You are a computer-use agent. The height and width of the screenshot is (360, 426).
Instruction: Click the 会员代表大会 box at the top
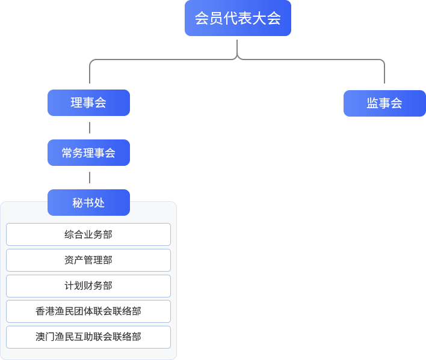238,18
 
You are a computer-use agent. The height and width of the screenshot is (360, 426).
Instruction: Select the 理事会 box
88,103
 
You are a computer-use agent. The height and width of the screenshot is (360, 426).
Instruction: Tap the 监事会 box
384,103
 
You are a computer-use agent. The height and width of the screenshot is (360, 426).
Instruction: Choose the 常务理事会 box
88,153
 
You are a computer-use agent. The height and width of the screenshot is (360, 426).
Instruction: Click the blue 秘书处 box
88,203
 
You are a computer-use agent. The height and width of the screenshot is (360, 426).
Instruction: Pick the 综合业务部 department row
88,234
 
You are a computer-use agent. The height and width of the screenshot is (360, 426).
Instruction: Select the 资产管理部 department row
88,260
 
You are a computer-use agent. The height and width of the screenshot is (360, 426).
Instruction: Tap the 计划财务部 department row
88,286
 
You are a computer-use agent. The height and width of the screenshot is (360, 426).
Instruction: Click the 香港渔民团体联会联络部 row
88,311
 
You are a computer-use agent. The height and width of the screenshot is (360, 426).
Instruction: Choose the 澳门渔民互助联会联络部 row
88,337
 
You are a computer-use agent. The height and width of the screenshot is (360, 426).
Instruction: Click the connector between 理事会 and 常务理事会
90,127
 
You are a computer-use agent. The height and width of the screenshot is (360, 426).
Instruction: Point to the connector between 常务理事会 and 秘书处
90,177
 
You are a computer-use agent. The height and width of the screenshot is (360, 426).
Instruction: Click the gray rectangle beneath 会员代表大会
237,61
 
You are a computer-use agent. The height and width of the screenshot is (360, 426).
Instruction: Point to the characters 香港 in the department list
46,311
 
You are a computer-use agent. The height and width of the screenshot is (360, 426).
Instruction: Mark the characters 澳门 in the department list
46,337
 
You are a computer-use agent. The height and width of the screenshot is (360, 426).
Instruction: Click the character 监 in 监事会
372,103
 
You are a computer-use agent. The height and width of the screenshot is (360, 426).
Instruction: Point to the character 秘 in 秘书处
78,203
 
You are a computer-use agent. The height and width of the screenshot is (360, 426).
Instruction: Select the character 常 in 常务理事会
67,153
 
